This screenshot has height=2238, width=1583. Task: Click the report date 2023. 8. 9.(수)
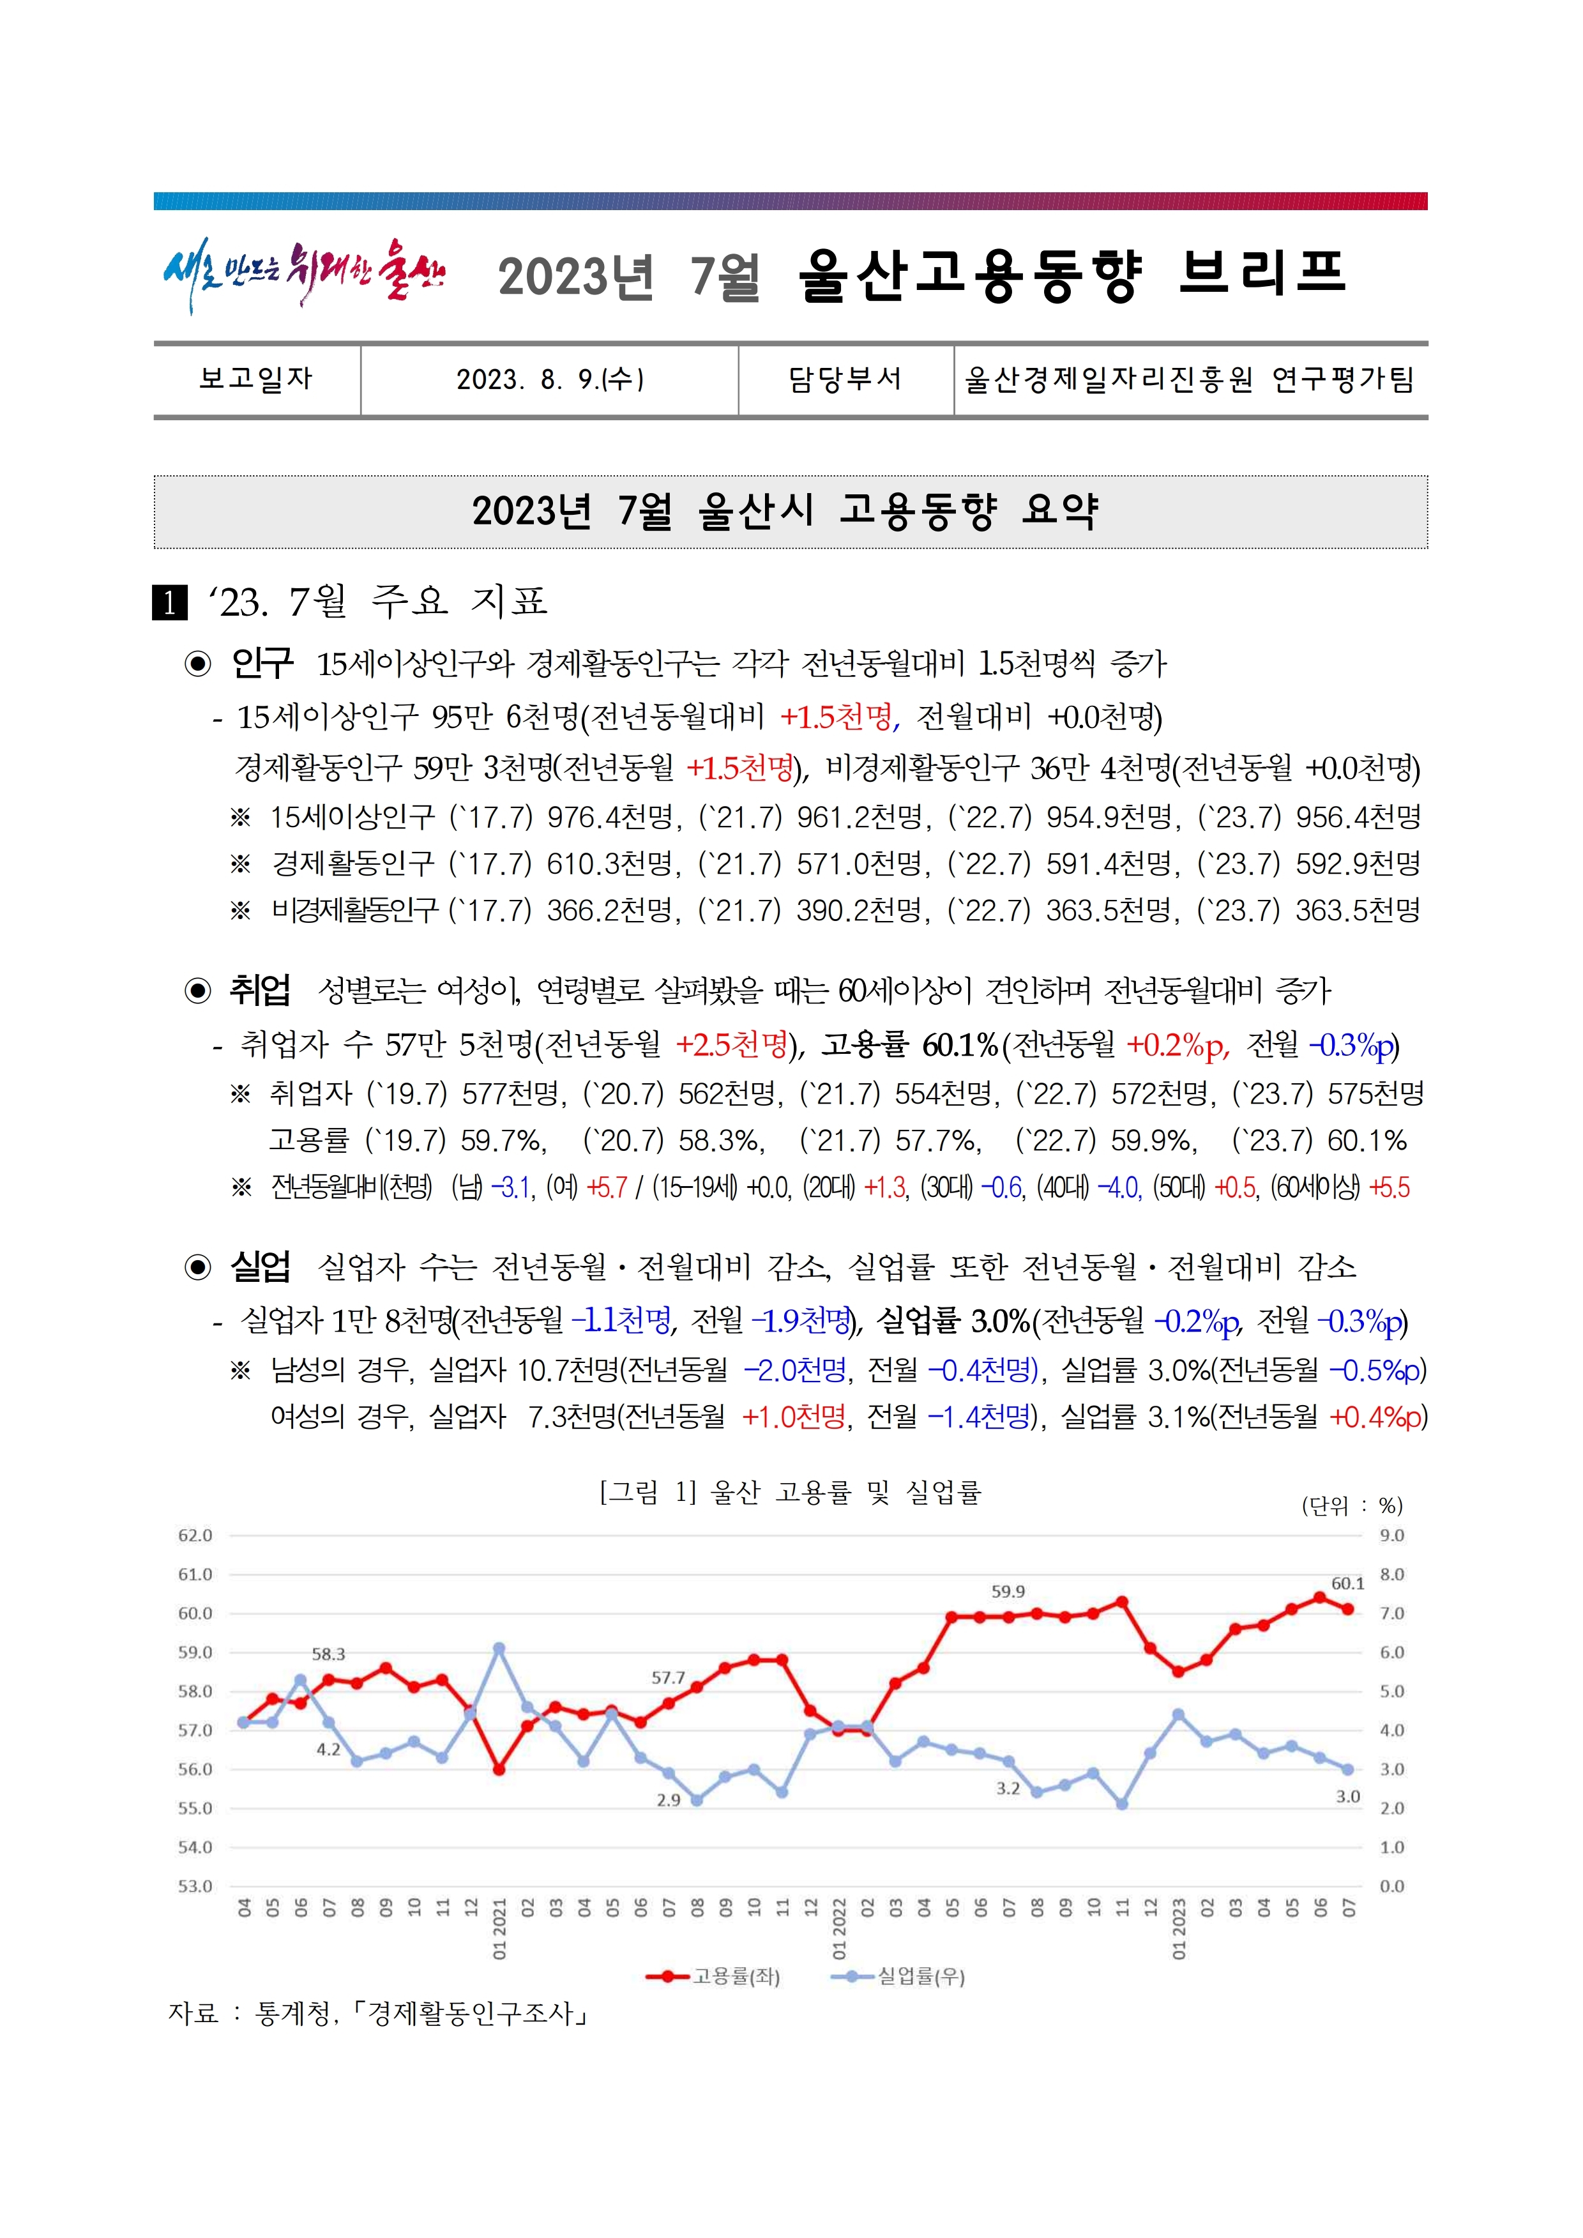[x=550, y=379]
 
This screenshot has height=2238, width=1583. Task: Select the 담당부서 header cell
[x=845, y=379]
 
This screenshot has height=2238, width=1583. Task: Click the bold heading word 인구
[x=261, y=664]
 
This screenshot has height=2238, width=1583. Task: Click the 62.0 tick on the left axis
[x=195, y=1535]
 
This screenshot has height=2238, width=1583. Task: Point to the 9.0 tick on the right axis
[x=1392, y=1535]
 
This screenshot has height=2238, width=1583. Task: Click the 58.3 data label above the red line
[x=328, y=1654]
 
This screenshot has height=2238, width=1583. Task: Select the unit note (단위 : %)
[x=1352, y=1506]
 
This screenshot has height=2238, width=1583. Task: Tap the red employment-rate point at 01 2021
[x=499, y=1769]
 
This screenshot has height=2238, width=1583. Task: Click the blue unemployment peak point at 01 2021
[x=499, y=1648]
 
